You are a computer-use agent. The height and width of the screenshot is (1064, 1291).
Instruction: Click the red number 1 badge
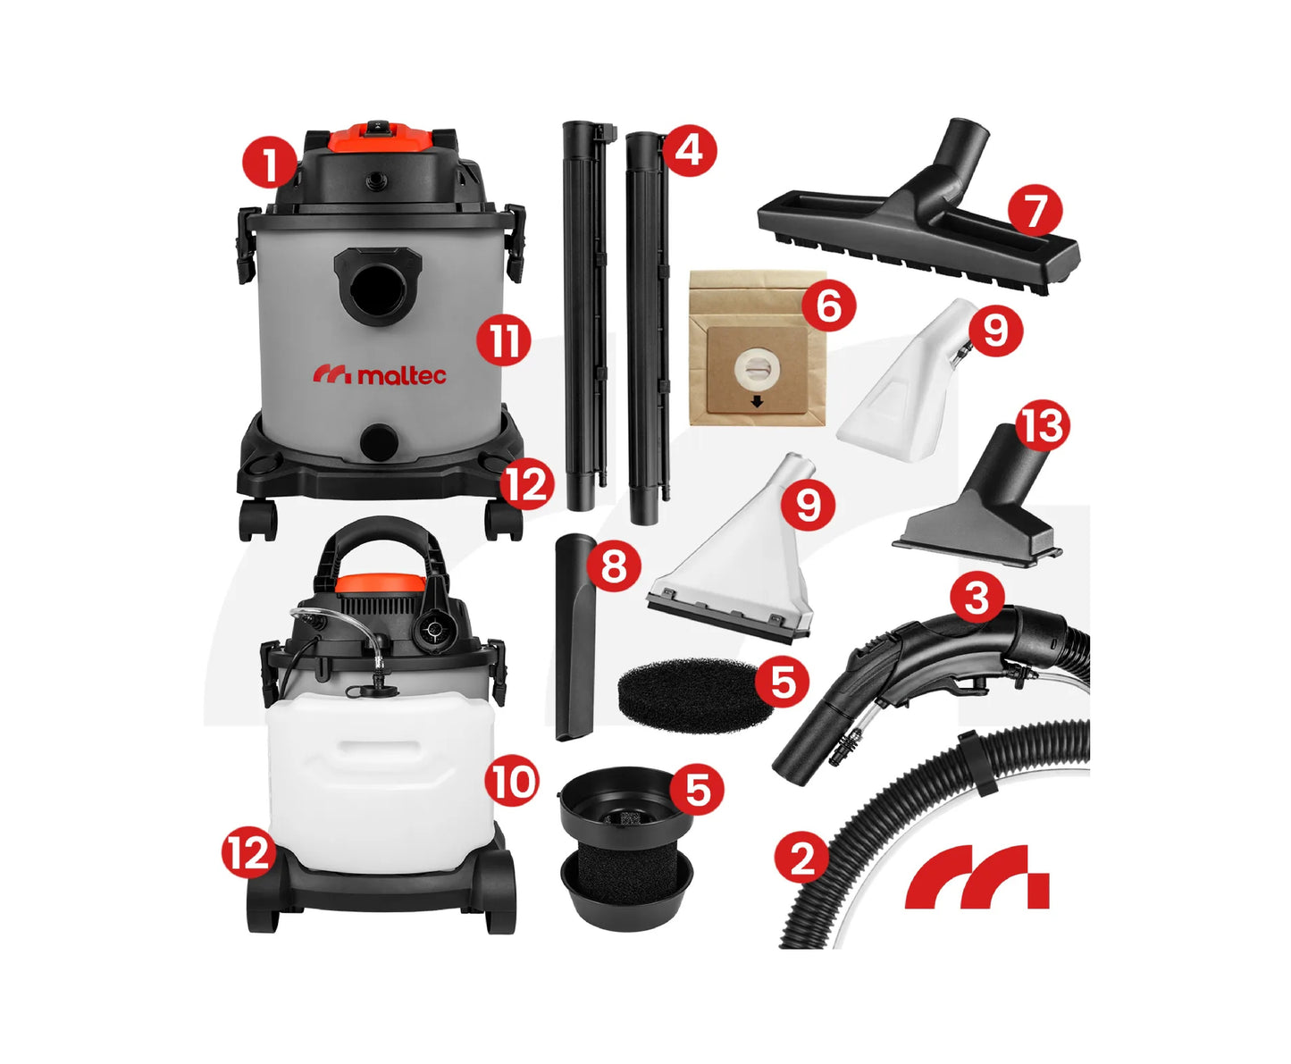269,161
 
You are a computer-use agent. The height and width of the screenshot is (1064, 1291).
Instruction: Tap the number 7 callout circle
1035,210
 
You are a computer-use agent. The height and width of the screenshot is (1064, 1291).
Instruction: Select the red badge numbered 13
1043,427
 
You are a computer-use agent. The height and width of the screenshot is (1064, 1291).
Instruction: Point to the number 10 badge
512,781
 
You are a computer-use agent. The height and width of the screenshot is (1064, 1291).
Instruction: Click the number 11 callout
503,340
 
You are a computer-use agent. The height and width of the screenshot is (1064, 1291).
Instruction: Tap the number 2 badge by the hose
802,859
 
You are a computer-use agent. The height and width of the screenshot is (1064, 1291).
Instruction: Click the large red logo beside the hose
977,876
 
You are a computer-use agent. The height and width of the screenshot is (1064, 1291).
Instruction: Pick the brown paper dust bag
758,348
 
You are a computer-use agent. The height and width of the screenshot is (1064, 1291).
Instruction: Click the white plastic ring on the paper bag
757,371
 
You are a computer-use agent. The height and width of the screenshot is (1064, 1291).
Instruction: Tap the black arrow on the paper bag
757,403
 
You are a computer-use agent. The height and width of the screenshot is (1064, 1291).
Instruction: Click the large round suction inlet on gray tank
376,289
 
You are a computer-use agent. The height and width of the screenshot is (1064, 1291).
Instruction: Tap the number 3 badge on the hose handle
977,599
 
